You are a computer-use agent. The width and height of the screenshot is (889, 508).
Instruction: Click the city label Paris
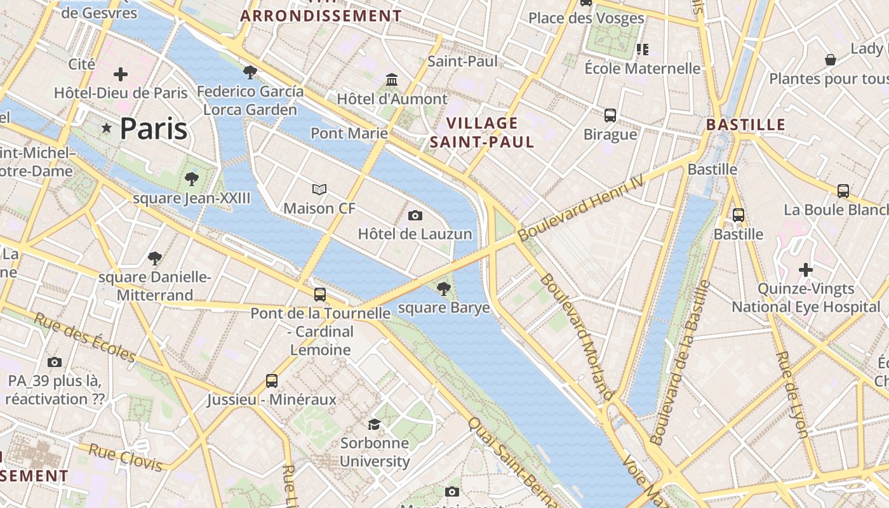pyautogui.click(x=154, y=129)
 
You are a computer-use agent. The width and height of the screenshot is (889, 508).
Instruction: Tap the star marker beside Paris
pyautogui.click(x=106, y=129)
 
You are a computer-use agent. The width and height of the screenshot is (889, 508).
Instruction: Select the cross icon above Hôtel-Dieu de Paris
pyautogui.click(x=121, y=74)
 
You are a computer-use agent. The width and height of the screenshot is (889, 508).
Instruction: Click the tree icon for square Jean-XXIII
pyautogui.click(x=191, y=179)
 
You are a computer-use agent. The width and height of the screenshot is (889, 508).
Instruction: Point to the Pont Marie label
pyautogui.click(x=349, y=133)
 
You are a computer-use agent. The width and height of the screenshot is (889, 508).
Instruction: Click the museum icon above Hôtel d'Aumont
pyautogui.click(x=392, y=80)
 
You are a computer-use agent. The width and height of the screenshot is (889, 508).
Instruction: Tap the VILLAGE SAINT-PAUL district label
pyautogui.click(x=482, y=132)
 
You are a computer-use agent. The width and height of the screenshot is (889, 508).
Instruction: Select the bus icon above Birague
pyautogui.click(x=610, y=115)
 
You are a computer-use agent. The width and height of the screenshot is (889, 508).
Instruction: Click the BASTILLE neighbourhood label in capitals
pyautogui.click(x=746, y=124)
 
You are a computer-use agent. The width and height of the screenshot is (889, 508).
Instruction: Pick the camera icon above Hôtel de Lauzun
pyautogui.click(x=415, y=216)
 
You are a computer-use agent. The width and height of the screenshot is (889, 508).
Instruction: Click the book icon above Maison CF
pyautogui.click(x=319, y=189)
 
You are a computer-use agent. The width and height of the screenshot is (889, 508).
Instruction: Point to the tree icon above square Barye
pyautogui.click(x=444, y=290)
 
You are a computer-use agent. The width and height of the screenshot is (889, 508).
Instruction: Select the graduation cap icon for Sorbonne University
pyautogui.click(x=375, y=424)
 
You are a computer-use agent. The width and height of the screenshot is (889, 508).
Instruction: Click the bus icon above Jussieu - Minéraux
pyautogui.click(x=272, y=381)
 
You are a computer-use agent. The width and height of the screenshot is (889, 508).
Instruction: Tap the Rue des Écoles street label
pyautogui.click(x=84, y=337)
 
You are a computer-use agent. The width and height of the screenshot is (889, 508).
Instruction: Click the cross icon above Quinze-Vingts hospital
pyautogui.click(x=806, y=270)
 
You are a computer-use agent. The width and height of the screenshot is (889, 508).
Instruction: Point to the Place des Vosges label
pyautogui.click(x=586, y=18)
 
